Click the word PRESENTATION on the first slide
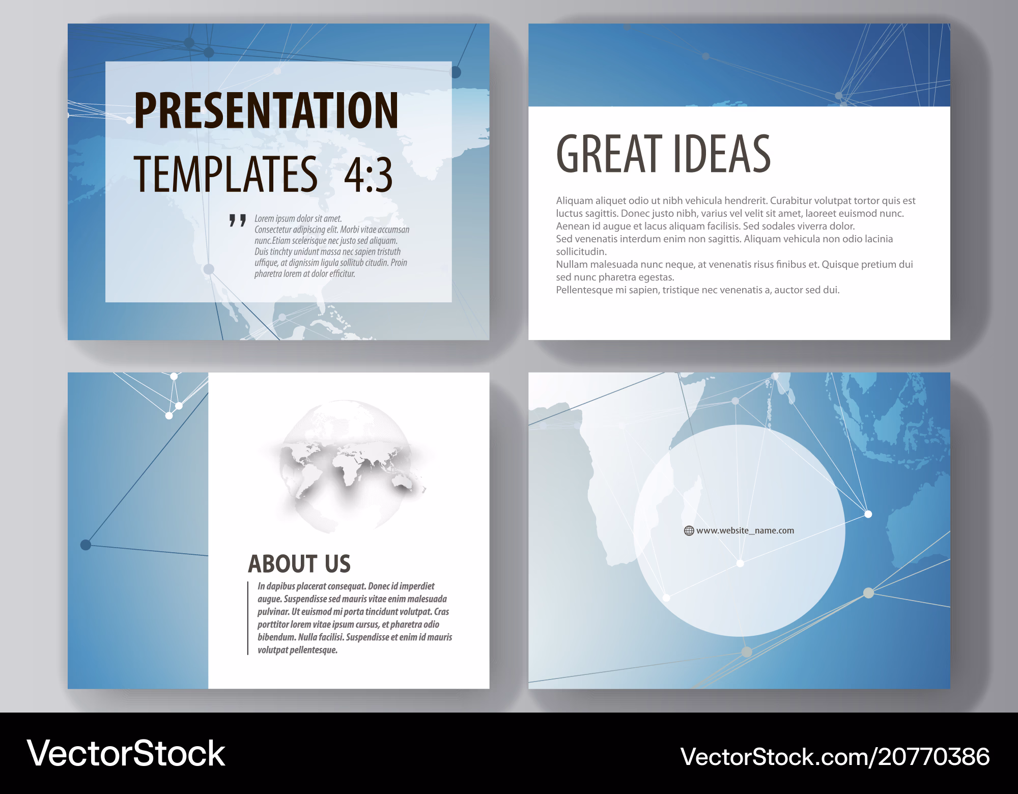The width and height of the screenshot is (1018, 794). click(x=266, y=110)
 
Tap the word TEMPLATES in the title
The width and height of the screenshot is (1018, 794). click(x=225, y=174)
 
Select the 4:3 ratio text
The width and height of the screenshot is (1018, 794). click(x=369, y=175)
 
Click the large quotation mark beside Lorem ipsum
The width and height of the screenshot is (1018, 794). click(x=237, y=220)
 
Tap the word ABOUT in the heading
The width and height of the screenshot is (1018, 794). click(x=282, y=564)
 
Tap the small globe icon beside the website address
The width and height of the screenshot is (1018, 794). click(x=689, y=531)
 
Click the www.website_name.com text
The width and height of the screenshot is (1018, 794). click(x=745, y=530)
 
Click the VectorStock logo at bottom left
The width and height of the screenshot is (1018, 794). click(x=126, y=753)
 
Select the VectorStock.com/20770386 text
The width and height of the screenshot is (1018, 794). click(x=835, y=757)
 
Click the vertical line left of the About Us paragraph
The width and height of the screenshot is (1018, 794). click(x=248, y=618)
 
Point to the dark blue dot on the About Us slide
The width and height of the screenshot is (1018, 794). click(x=86, y=545)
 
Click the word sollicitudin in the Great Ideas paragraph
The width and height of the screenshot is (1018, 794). click(x=581, y=251)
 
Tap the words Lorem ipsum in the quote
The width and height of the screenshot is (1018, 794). click(x=275, y=219)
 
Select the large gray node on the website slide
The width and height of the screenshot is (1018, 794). click(x=868, y=592)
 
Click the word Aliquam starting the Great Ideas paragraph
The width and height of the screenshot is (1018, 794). click(x=574, y=201)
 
